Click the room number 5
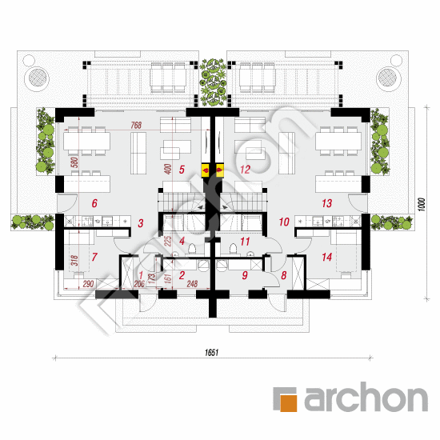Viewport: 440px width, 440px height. [182, 169]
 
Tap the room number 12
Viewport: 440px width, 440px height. [246, 169]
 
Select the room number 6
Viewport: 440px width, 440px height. [94, 204]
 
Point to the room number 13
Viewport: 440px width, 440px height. [326, 204]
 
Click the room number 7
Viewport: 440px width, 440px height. [94, 257]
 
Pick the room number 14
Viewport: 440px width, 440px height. [326, 257]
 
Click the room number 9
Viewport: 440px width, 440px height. [246, 277]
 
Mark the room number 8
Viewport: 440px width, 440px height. [283, 277]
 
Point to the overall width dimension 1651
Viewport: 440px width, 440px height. [211, 351]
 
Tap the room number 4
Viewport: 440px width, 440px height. [182, 240]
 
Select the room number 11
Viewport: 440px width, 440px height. [246, 240]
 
